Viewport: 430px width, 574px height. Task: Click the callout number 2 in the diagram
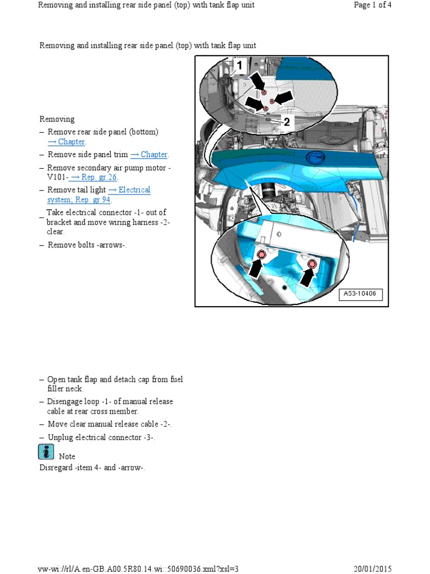coord(286,122)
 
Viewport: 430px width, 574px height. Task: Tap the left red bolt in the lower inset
coord(260,256)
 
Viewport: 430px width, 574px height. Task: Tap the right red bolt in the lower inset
coord(312,263)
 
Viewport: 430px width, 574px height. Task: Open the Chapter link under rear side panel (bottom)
coord(66,142)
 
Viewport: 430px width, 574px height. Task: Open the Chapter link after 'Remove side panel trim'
coord(149,155)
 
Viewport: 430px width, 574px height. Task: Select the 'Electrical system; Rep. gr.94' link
coord(99,195)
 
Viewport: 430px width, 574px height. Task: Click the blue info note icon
coord(46,452)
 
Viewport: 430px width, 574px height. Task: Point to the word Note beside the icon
coord(67,456)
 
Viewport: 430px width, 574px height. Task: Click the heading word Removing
coord(57,119)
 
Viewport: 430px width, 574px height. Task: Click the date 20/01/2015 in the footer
coord(372,568)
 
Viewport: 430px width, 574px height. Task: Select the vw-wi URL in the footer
coord(138,568)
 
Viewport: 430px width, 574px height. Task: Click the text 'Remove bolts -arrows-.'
coord(87,245)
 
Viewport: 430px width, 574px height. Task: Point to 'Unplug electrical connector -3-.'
coord(101,437)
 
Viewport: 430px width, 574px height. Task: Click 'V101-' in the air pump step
coord(57,177)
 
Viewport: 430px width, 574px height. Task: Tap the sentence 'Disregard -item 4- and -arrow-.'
coord(92,467)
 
